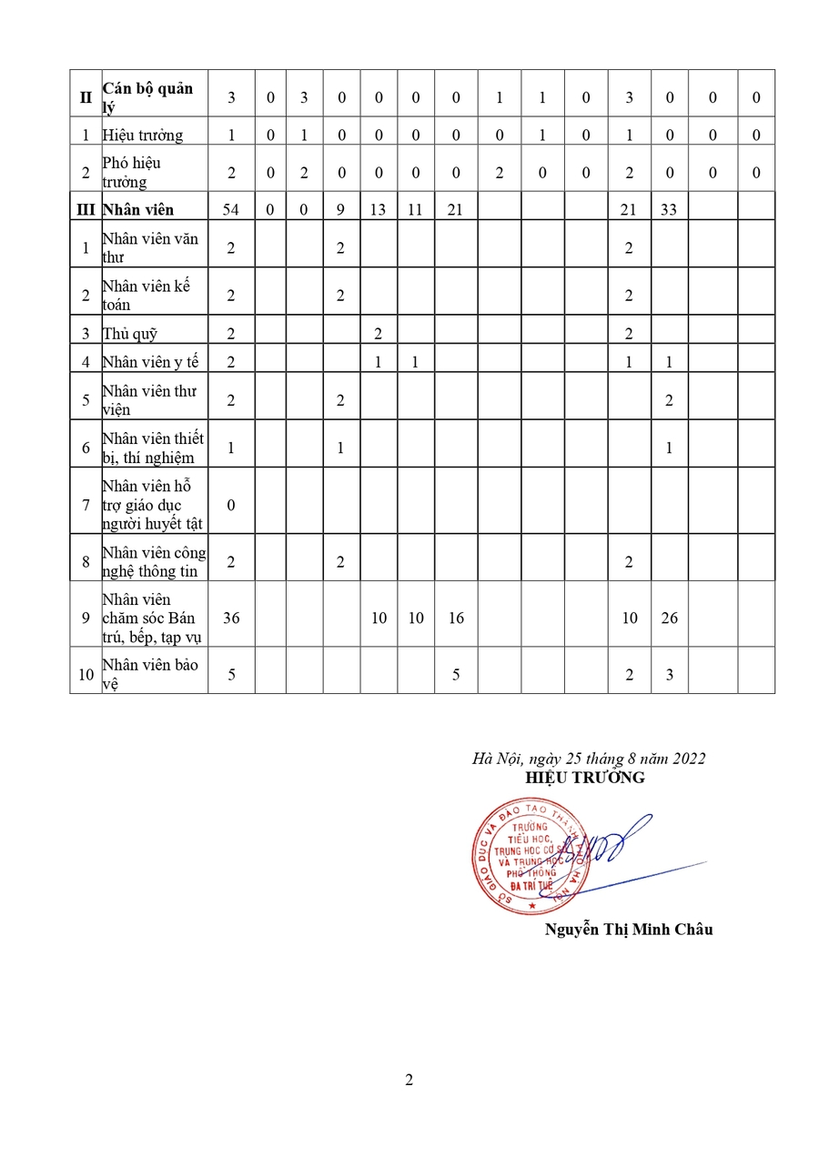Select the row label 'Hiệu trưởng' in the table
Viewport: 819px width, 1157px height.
(x=143, y=136)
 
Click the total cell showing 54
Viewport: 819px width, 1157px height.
(x=231, y=210)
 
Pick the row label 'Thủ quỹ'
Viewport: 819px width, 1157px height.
(x=130, y=334)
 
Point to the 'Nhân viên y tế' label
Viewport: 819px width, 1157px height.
(x=150, y=362)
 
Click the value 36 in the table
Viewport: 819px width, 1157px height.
(x=231, y=618)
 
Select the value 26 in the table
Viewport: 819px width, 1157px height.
(x=669, y=618)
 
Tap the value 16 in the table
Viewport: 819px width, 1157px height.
(x=456, y=618)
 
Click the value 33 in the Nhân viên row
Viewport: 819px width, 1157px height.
(x=669, y=210)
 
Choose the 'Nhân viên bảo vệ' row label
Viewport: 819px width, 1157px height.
(x=150, y=674)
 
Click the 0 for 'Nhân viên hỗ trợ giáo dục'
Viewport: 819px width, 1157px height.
(x=231, y=504)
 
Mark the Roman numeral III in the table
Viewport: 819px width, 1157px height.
(x=86, y=210)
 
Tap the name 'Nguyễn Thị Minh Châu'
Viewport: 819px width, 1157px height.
(x=629, y=929)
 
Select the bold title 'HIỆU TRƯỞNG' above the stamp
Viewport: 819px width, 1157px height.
(x=585, y=778)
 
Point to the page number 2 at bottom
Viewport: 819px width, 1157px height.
(x=409, y=1081)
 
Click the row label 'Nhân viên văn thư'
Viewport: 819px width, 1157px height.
(x=150, y=247)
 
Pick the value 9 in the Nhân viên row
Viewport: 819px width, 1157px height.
(x=340, y=210)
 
